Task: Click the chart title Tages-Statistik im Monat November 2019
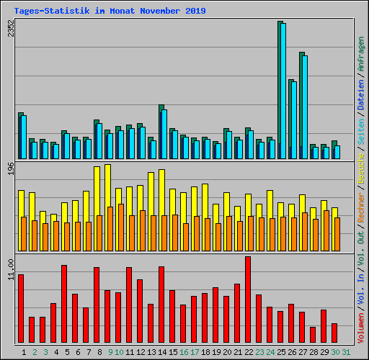pos(110,11)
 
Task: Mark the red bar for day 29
pos(324,327)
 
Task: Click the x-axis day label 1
pos(25,352)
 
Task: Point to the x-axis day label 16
pos(184,352)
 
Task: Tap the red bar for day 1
pos(21,310)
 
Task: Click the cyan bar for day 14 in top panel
pos(164,134)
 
